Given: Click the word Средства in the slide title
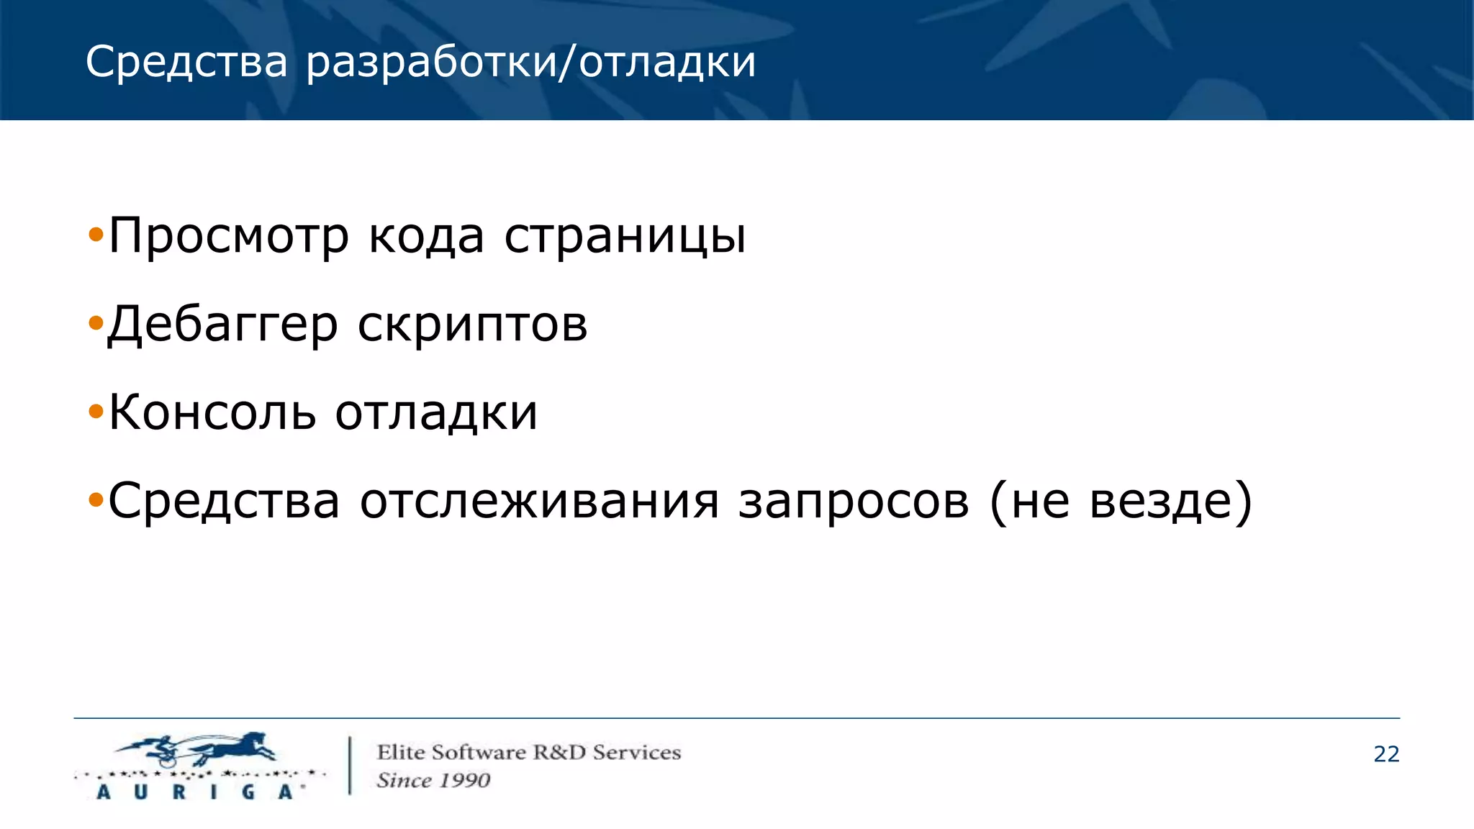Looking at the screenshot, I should (x=186, y=62).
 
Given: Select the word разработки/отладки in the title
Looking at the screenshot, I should (x=531, y=62).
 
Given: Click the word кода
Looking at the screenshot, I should (x=426, y=236).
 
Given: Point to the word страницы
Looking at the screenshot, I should (x=625, y=236).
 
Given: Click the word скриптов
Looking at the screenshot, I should (x=472, y=325).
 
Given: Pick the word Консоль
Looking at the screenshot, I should (x=212, y=413).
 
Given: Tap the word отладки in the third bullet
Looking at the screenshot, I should (x=436, y=413).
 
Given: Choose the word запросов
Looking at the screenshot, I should (x=854, y=501).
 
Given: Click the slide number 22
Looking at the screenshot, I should (x=1386, y=754).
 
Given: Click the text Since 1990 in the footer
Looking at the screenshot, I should (x=433, y=780).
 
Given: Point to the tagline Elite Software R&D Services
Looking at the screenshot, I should (x=528, y=753).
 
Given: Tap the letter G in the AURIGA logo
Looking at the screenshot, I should (x=248, y=792).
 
